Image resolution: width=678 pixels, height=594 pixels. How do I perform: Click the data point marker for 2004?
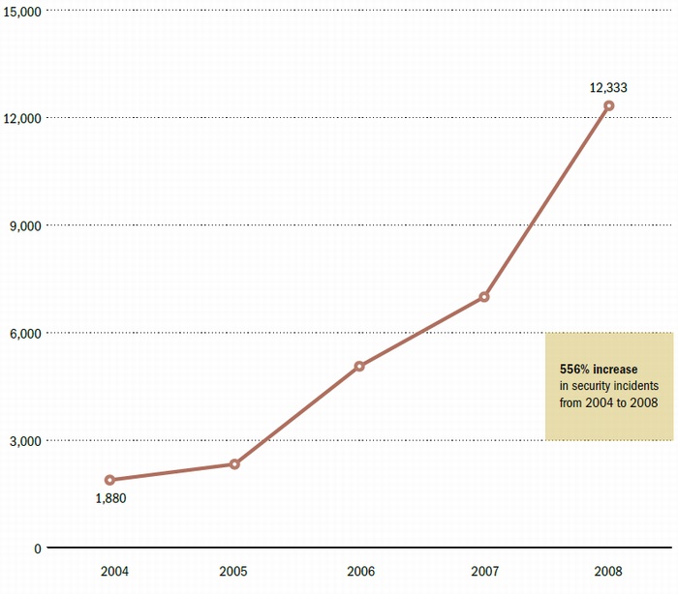tap(109, 480)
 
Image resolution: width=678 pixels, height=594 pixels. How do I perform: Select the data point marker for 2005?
tap(234, 464)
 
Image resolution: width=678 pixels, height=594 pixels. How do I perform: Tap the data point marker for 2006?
tap(359, 367)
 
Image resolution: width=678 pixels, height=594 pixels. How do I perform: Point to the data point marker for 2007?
tap(484, 297)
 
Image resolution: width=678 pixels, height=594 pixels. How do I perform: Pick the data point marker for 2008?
tap(608, 105)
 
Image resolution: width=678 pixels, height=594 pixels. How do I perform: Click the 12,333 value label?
tap(608, 88)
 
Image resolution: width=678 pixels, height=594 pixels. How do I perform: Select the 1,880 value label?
tap(110, 499)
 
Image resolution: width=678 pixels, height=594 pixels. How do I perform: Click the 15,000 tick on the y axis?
tap(21, 11)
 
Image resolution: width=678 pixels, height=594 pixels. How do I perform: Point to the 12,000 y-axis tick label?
tap(21, 118)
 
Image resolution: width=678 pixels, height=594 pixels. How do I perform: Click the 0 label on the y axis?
tap(37, 549)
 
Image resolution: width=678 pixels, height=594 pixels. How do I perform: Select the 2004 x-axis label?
tap(109, 571)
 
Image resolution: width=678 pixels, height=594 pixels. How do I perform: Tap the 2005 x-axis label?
tap(234, 571)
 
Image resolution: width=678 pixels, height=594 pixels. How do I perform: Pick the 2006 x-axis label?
tap(359, 571)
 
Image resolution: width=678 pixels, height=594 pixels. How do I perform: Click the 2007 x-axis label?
tap(484, 571)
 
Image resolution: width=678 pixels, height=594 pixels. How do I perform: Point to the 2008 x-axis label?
tap(608, 571)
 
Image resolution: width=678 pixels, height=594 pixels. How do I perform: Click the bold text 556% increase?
tap(599, 370)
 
